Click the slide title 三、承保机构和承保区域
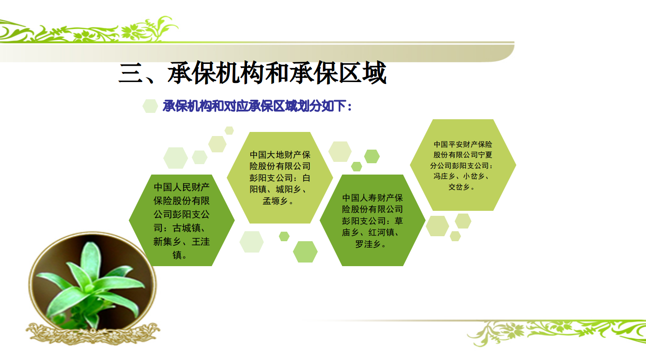253,73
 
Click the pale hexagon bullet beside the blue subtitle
150,106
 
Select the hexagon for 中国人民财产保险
182,220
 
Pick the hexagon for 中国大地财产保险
280,178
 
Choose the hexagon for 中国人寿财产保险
372,220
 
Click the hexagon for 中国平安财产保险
463,165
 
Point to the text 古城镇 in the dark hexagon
186,228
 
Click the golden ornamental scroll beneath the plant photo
93,334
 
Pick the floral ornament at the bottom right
557,332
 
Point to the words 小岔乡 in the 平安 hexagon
474,176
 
